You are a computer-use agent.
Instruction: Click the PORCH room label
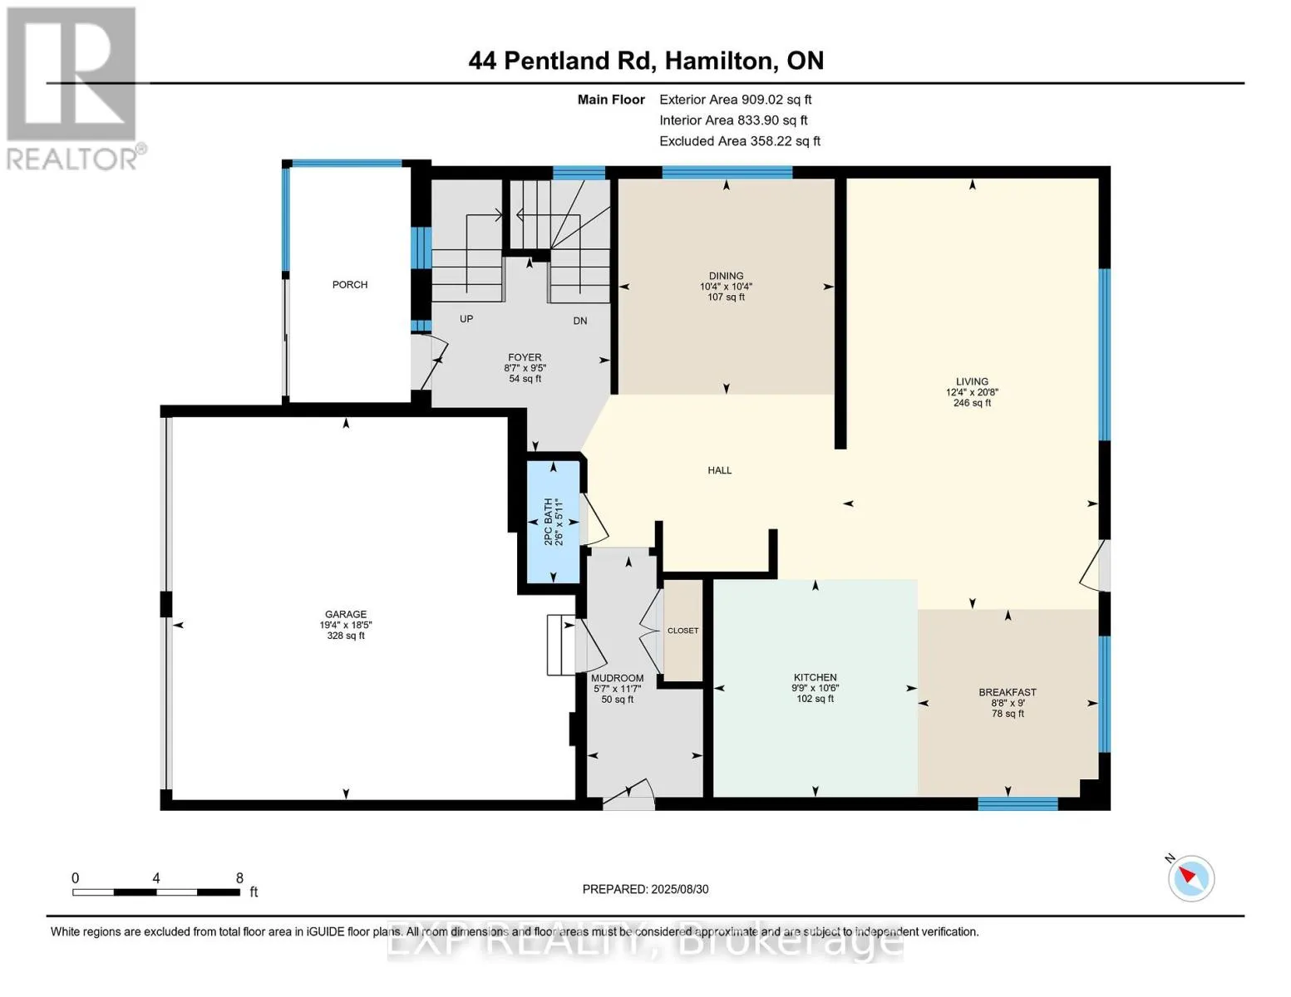point(349,284)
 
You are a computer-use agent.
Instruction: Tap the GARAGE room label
point(345,614)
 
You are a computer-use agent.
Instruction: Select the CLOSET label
point(682,630)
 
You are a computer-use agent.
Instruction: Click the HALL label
point(719,470)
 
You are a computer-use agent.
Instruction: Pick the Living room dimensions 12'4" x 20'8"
point(972,392)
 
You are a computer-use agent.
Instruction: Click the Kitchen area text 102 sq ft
point(815,699)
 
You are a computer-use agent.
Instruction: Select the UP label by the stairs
point(466,319)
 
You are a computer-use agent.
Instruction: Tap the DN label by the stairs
point(580,321)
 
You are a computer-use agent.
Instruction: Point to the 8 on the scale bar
point(239,877)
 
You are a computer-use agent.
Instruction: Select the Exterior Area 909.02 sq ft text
point(735,100)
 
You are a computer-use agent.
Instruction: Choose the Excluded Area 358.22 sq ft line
point(740,141)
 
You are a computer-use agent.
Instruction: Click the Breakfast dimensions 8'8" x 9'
point(1007,703)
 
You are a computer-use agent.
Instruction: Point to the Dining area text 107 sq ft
point(726,297)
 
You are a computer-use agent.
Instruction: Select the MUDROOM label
point(618,678)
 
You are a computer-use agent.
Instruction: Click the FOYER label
point(525,357)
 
